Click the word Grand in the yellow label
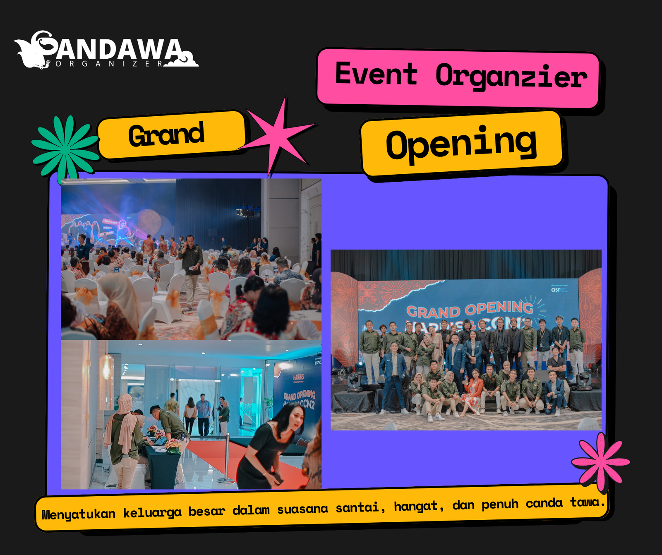click(x=166, y=135)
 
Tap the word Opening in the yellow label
click(x=461, y=143)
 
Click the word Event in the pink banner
click(x=376, y=74)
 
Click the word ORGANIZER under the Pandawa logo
click(x=110, y=64)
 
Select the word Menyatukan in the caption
click(x=79, y=514)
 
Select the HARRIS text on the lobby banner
click(x=298, y=377)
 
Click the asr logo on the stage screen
click(x=556, y=290)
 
